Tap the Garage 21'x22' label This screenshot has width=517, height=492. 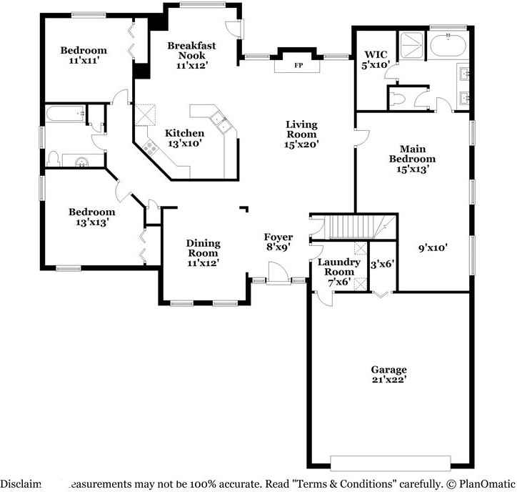click(388, 375)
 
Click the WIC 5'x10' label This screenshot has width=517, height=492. click(375, 59)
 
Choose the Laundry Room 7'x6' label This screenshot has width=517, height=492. click(338, 272)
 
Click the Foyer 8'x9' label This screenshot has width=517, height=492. click(278, 242)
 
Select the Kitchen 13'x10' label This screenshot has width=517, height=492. click(184, 137)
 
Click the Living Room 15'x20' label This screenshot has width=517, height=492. click(301, 134)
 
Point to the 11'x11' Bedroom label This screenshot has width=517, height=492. click(84, 56)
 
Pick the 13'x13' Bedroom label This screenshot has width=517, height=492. click(91, 217)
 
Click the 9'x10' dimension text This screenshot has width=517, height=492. click(433, 248)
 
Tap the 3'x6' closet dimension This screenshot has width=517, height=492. click(383, 263)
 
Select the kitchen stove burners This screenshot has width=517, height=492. click(151, 147)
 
